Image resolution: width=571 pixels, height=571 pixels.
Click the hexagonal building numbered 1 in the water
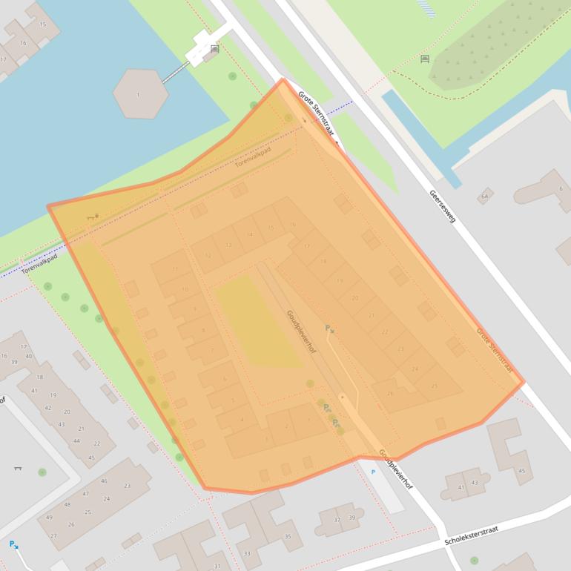140,93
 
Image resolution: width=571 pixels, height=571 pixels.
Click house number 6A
485,196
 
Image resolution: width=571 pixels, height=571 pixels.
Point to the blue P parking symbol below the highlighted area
373,472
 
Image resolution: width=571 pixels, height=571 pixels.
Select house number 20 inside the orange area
354,298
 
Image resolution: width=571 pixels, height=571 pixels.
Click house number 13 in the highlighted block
228,245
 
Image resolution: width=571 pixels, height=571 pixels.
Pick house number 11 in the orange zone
175,269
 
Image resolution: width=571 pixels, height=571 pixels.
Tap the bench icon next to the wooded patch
425,59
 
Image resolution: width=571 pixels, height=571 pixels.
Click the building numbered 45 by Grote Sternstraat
521,471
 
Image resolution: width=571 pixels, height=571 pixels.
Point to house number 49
49,518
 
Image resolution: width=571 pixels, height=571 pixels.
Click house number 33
247,553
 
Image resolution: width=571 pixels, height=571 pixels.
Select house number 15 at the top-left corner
42,24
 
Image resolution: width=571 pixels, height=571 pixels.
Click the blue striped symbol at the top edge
426,7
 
